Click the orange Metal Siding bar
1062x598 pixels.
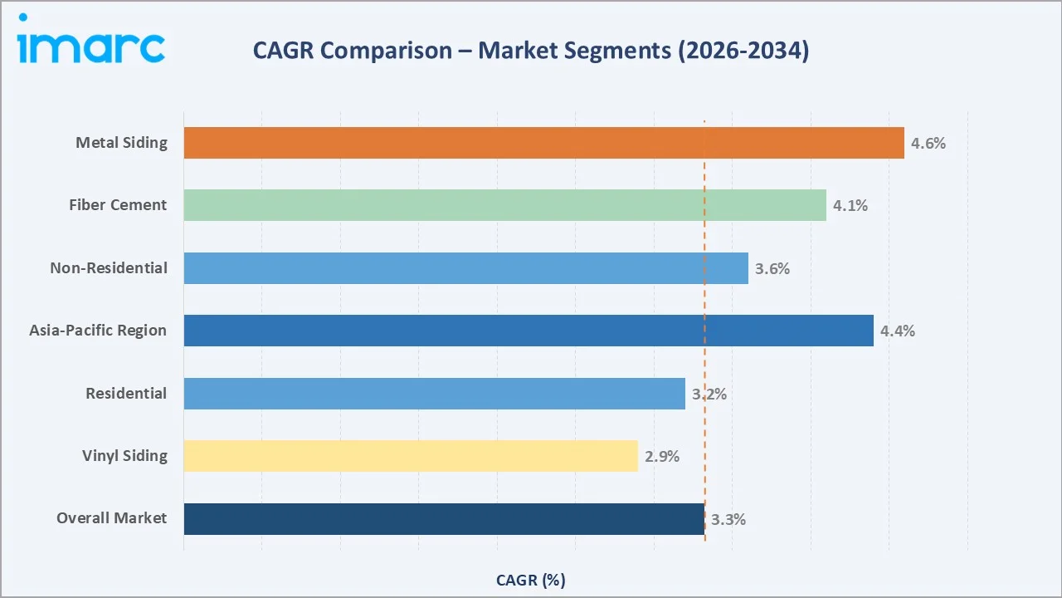(x=543, y=143)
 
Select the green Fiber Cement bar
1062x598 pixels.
(x=504, y=205)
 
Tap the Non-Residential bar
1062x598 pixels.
(x=465, y=268)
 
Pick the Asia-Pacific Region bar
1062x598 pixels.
(x=529, y=331)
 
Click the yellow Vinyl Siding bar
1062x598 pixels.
(x=411, y=456)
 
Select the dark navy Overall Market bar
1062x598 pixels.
(x=444, y=519)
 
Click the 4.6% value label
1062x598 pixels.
(x=928, y=143)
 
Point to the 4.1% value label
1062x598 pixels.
(x=850, y=205)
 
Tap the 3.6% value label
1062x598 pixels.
(x=772, y=268)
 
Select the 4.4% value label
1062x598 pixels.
(x=898, y=331)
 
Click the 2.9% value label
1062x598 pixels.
(x=662, y=456)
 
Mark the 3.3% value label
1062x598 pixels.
(x=728, y=519)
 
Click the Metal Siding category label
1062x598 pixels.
(x=121, y=143)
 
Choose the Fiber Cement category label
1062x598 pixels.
(x=118, y=205)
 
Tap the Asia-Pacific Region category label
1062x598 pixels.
(x=98, y=331)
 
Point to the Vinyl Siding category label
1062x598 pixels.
(x=124, y=456)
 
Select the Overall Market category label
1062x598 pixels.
(x=111, y=518)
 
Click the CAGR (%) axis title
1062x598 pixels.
(x=530, y=580)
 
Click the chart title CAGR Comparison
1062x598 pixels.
(x=530, y=51)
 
